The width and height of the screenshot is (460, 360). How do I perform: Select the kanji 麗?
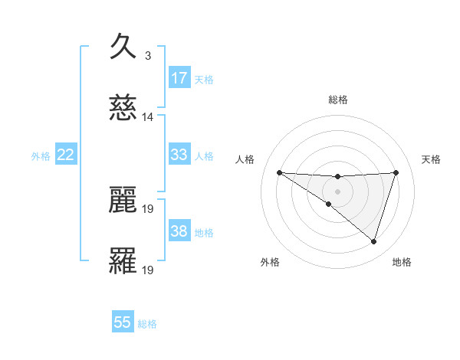click(123, 200)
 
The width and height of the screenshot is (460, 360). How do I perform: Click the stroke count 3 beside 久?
click(147, 55)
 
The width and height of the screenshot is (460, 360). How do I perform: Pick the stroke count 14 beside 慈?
click(148, 117)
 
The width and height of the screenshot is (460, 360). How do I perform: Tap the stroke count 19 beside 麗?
click(149, 208)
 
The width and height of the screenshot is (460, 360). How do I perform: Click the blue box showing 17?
click(179, 77)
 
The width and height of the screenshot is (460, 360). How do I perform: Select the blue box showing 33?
click(179, 155)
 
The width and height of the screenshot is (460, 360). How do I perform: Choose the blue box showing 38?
click(179, 231)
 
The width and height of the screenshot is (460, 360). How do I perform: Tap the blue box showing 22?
click(66, 155)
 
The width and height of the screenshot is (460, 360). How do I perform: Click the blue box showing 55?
click(123, 322)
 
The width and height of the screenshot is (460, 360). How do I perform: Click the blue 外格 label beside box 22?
click(41, 156)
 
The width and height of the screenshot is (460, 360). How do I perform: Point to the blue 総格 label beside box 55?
click(147, 324)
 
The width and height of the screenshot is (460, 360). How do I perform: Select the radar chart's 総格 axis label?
click(338, 100)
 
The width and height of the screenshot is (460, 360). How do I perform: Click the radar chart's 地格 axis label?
click(402, 262)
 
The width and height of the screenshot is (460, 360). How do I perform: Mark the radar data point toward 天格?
click(396, 172)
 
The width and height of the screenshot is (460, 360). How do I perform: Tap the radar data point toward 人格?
click(279, 172)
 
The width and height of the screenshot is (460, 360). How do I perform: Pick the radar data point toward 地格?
click(374, 241)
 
